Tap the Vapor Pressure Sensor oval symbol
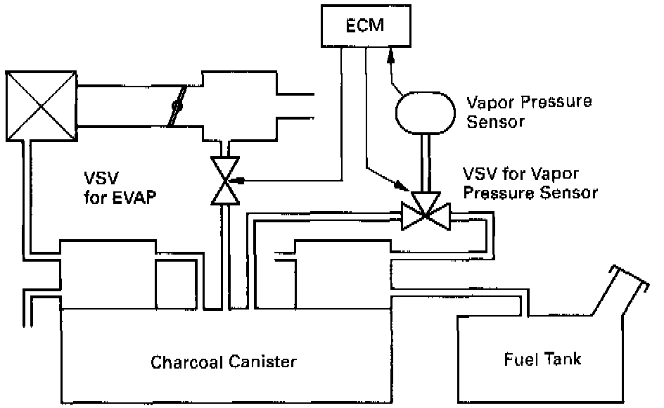[425, 113]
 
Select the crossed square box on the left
[41, 106]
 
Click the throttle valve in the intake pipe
[177, 106]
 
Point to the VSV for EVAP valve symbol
[225, 181]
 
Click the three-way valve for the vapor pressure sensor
[426, 211]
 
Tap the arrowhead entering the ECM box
[390, 54]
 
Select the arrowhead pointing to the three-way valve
[400, 185]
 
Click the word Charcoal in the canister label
[187, 362]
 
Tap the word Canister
[262, 362]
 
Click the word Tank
[563, 359]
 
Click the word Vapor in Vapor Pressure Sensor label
[490, 103]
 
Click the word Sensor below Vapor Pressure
[495, 122]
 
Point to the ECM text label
[365, 25]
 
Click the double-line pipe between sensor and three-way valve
[426, 163]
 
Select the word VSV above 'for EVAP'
[101, 178]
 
